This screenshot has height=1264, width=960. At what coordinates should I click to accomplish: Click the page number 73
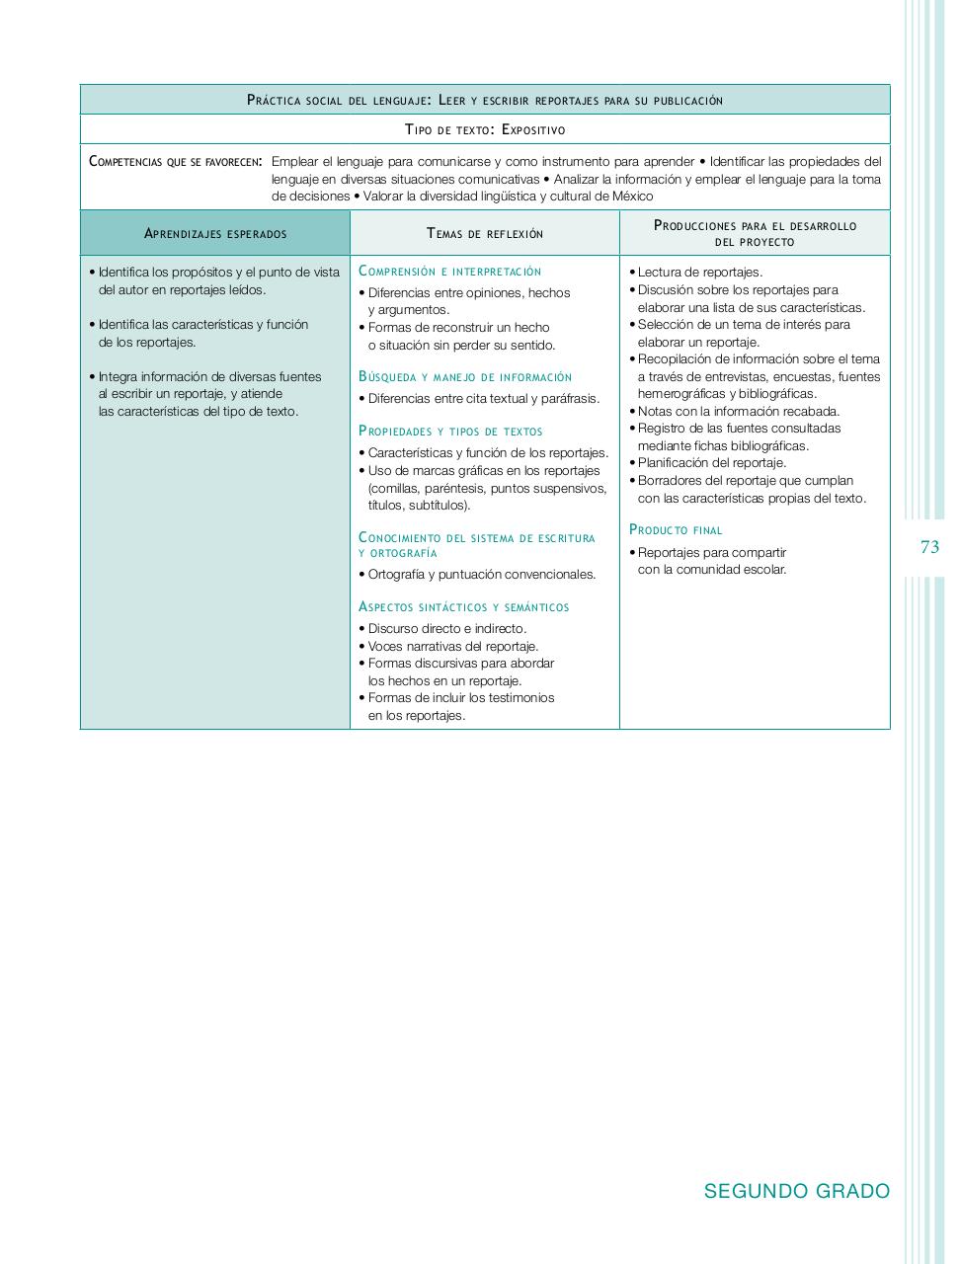coord(928,547)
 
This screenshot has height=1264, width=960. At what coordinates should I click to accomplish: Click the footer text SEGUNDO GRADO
coord(796,1191)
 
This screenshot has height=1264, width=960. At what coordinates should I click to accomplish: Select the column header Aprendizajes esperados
coord(215,234)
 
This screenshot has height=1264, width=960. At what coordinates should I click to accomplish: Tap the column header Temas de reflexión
coord(485,234)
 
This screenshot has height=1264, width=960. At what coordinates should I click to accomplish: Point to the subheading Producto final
coord(676,530)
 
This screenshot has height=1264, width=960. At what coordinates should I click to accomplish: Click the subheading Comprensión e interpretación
coord(450,272)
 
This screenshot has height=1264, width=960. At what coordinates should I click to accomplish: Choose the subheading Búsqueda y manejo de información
coord(465,377)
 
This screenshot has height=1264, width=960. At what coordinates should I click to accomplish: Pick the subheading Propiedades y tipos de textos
coord(450,432)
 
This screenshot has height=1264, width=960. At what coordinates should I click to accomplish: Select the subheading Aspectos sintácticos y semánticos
coord(464,607)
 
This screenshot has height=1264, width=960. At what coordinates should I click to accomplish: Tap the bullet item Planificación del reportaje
coord(711,463)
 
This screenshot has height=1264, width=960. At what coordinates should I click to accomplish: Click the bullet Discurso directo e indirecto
coord(447,629)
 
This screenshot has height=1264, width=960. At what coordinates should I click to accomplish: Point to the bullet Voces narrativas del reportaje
coord(453,647)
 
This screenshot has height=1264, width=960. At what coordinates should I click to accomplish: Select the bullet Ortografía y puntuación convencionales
coord(482,575)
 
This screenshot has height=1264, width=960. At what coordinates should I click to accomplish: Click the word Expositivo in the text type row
coord(533,129)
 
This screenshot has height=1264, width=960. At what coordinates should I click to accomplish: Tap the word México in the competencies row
coord(632,197)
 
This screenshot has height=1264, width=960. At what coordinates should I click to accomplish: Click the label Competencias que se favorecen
coord(175,162)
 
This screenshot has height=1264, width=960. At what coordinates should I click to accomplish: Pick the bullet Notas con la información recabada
coord(738,412)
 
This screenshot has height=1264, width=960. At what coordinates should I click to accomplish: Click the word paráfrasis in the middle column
coord(570,399)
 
